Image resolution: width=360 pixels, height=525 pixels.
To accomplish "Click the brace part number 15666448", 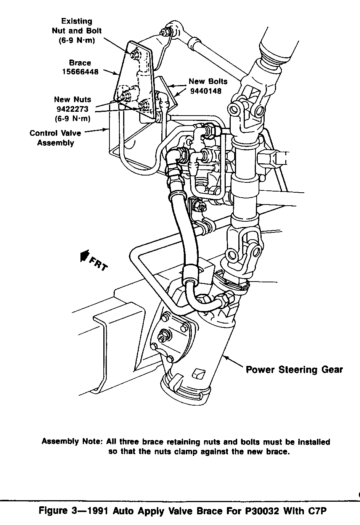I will coord(80,71).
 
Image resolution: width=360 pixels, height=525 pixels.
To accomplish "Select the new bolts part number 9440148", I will coord(206,91).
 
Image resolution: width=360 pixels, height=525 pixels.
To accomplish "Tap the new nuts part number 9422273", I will coord(72,109).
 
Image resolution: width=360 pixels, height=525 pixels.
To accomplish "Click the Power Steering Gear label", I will coord(294,369).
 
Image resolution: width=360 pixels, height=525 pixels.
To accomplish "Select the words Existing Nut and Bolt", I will coord(77,26).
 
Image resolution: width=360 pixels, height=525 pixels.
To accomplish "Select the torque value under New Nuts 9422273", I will coord(72,118).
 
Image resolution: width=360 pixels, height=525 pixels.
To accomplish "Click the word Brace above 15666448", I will coord(80,63).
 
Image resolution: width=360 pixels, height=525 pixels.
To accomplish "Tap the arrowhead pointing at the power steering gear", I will coord(225,358).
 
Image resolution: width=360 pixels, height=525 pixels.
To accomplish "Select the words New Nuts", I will coord(72,100).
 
